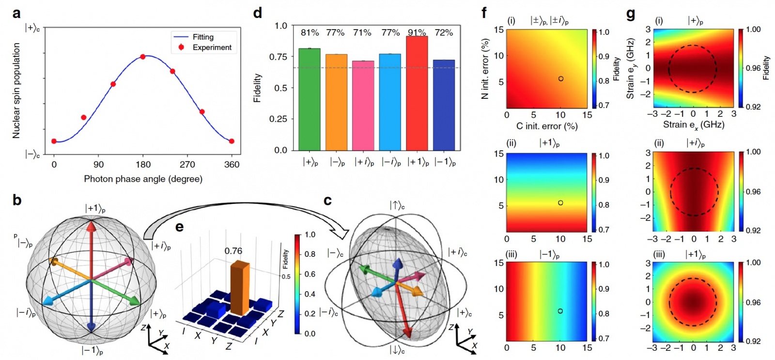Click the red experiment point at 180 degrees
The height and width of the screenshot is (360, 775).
(x=143, y=57)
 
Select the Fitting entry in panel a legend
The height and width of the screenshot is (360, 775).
(x=203, y=37)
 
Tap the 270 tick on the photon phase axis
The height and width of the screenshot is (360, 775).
(x=187, y=165)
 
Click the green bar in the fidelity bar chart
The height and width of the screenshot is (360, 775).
(x=309, y=99)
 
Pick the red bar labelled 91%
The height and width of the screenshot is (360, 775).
(x=417, y=93)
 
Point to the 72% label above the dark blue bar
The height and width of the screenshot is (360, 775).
(x=444, y=32)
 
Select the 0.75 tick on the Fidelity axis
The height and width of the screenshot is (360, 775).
(x=278, y=57)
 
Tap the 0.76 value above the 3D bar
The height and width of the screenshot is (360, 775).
(x=233, y=250)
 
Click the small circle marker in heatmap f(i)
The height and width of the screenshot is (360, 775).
(x=560, y=78)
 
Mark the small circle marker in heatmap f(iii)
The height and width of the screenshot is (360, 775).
(x=560, y=311)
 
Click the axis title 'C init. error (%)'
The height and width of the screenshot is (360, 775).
(x=547, y=126)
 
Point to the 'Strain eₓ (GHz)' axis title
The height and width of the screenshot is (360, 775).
(x=694, y=125)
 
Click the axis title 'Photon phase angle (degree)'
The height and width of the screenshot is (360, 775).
(x=143, y=179)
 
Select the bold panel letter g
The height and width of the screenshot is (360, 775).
(x=630, y=14)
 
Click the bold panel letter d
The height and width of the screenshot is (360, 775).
(x=258, y=13)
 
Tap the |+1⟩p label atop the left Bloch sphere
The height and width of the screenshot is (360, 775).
(x=95, y=208)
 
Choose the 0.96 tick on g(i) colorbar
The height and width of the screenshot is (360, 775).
(x=753, y=68)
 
